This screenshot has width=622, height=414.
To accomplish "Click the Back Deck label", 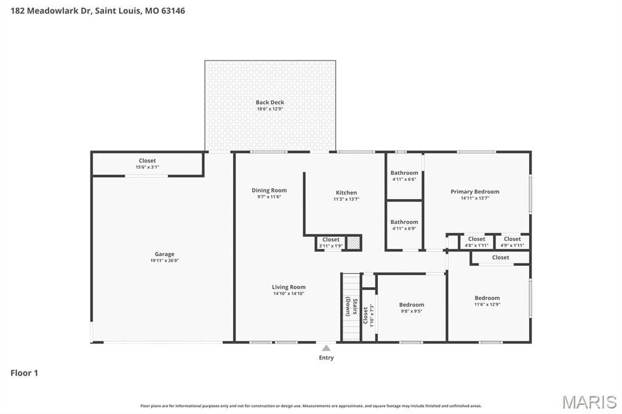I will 270,103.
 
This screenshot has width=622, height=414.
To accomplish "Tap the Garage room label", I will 164,254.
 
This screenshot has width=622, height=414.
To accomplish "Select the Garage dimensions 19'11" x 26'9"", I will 164,261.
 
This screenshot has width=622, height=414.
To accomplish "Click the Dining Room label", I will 269,191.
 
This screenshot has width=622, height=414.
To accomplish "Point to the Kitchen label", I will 346,193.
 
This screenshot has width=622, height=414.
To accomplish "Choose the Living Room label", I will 289,287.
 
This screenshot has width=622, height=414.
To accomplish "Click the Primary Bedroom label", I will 475,192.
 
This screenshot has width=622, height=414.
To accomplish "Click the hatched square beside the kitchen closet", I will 354,243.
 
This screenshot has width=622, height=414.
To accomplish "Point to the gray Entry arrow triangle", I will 326,348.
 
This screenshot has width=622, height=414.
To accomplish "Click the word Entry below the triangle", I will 326,358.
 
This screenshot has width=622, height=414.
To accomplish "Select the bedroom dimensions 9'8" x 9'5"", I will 411,311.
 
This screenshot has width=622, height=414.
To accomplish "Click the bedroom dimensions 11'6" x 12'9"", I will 487,305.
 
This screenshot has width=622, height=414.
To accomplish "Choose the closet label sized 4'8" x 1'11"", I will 476,242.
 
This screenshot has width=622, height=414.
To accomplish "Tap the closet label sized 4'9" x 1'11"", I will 512,242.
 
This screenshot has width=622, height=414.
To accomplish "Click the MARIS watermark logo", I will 589,402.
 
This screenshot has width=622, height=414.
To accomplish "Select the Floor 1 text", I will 24,373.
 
